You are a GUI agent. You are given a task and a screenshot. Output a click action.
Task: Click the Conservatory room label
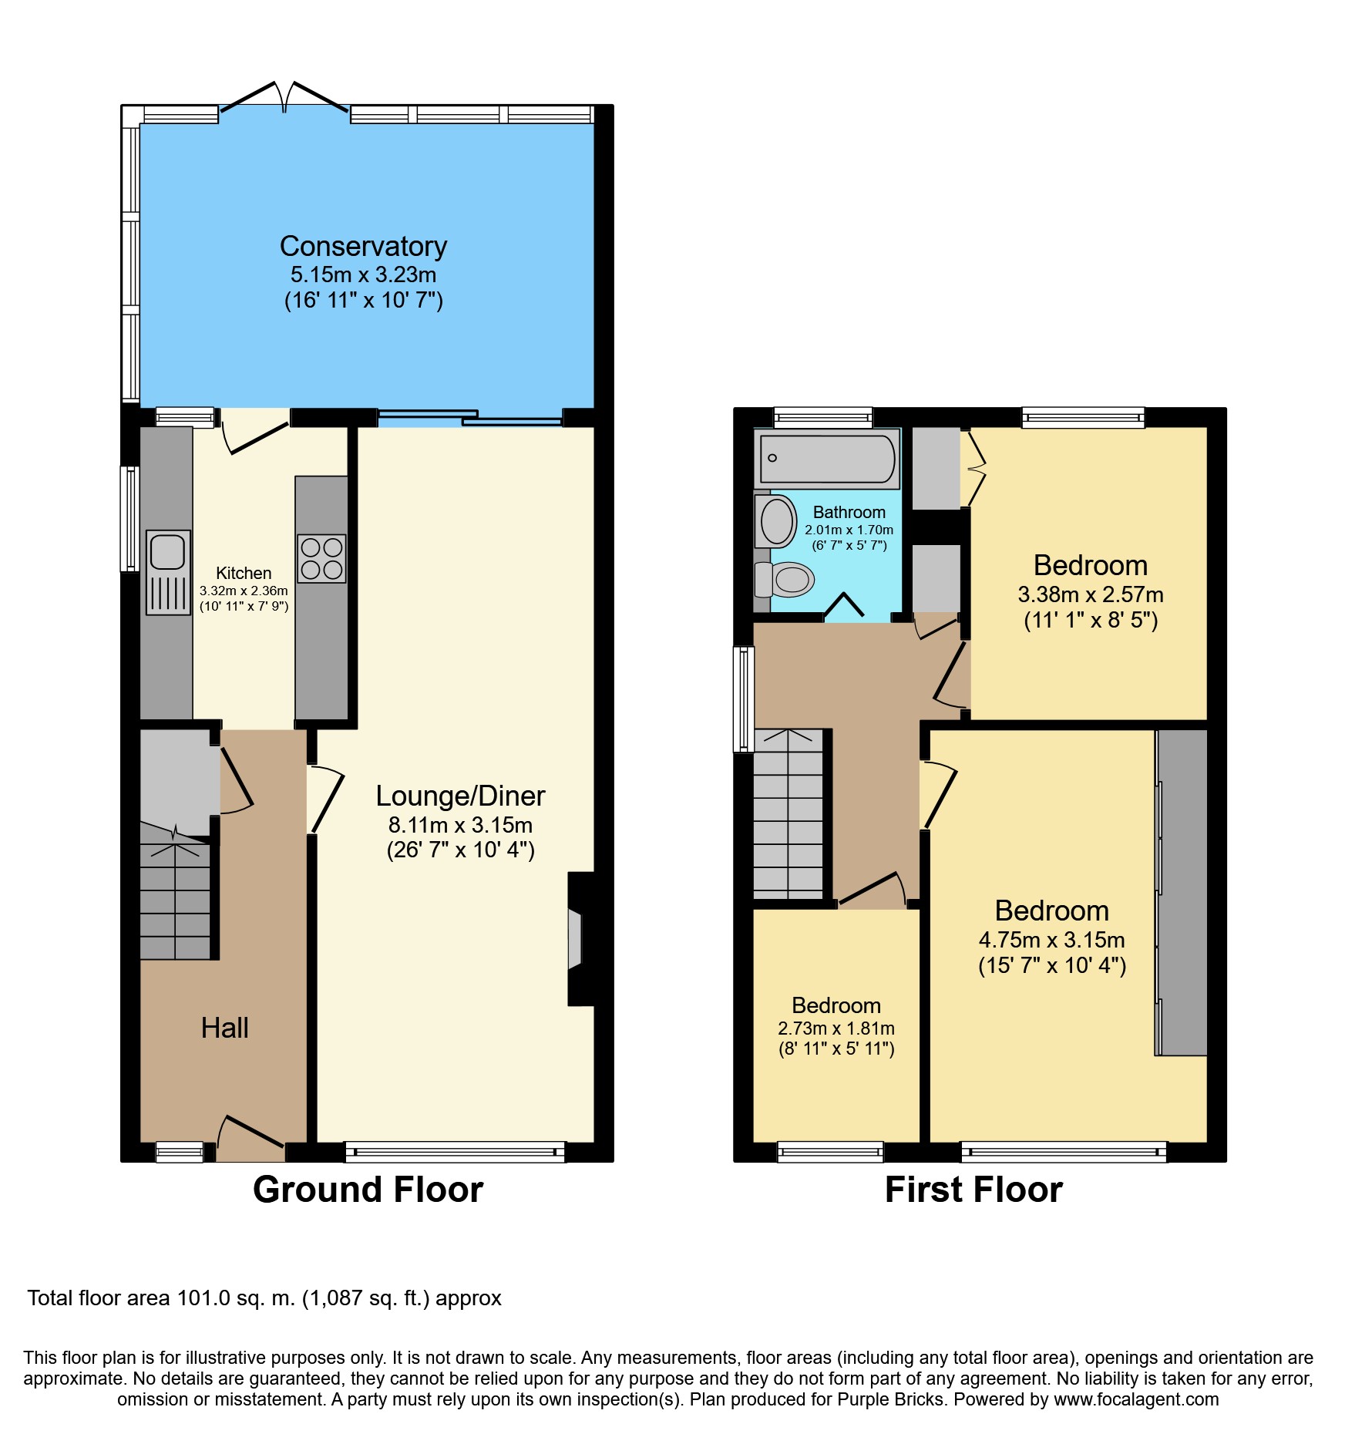click(363, 247)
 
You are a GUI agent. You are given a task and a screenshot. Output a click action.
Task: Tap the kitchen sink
click(168, 572)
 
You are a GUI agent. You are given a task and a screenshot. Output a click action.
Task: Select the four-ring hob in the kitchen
click(321, 558)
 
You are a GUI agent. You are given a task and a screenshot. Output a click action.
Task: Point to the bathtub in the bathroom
click(827, 458)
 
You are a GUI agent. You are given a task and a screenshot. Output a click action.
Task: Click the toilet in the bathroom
click(785, 579)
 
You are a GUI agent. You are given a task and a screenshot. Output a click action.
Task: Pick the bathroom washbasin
click(776, 521)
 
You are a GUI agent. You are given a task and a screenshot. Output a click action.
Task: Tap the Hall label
click(224, 1028)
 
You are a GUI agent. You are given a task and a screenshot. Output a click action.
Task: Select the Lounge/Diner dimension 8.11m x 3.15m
click(460, 825)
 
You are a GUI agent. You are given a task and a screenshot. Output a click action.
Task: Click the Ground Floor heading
click(368, 1189)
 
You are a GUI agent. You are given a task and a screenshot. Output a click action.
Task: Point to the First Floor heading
click(973, 1189)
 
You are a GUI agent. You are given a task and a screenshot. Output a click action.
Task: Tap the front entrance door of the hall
click(251, 1136)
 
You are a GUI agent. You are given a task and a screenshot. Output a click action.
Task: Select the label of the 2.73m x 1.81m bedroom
click(836, 1005)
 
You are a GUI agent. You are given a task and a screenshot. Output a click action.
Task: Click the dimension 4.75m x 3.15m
click(1051, 940)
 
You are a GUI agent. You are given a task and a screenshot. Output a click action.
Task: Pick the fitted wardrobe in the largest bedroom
click(1181, 892)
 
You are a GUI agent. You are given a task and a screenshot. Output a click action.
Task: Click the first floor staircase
click(789, 814)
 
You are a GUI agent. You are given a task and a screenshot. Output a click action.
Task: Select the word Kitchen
click(244, 573)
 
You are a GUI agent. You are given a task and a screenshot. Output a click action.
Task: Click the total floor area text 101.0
click(204, 1298)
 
